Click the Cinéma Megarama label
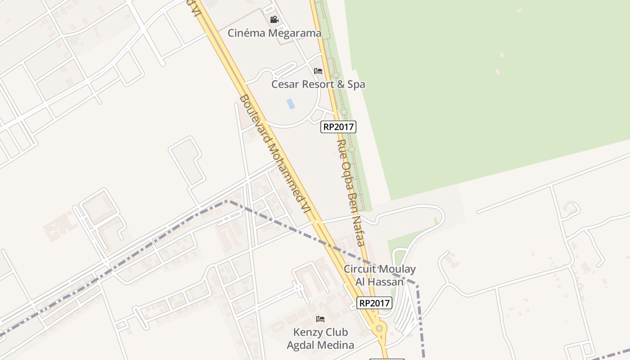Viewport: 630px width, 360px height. [x=274, y=33]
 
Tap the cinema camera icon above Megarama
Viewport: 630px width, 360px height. [x=274, y=19]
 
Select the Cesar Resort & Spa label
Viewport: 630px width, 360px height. [x=318, y=84]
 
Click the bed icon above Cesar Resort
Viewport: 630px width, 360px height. [x=318, y=71]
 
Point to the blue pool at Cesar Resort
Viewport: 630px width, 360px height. [x=291, y=103]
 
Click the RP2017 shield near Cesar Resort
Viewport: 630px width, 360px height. [x=338, y=127]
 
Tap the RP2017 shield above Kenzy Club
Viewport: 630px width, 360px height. [x=374, y=303]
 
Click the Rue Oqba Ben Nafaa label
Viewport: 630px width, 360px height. [x=350, y=192]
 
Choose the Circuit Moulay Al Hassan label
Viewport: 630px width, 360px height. [x=379, y=275]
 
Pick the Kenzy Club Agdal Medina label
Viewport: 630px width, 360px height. [x=320, y=338]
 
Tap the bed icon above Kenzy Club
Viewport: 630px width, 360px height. [x=320, y=319]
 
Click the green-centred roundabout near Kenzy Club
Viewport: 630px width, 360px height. [x=379, y=328]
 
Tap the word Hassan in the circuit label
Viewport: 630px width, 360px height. [x=385, y=282]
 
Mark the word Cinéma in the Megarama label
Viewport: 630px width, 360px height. [x=246, y=33]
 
